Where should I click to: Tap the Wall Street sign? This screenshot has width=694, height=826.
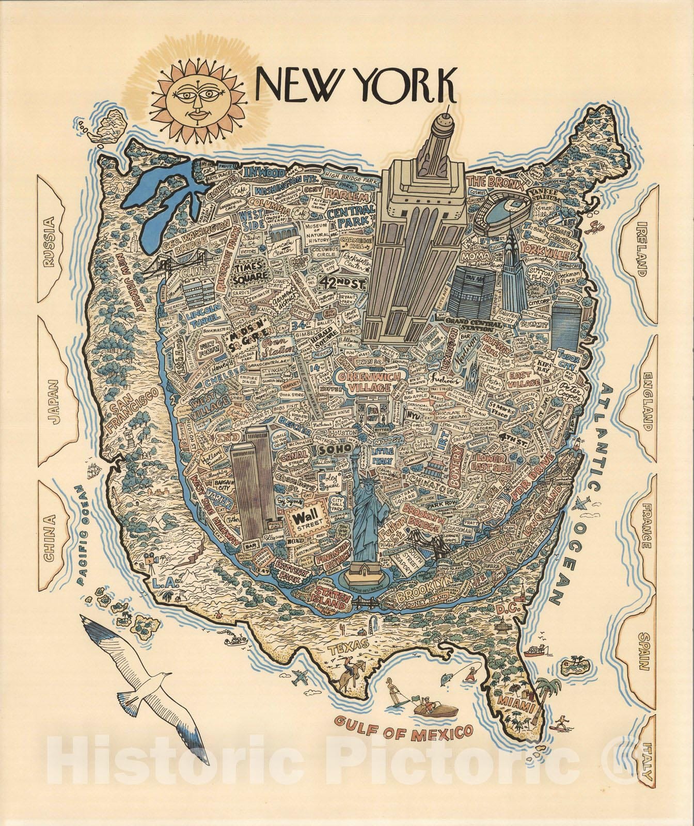305,518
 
